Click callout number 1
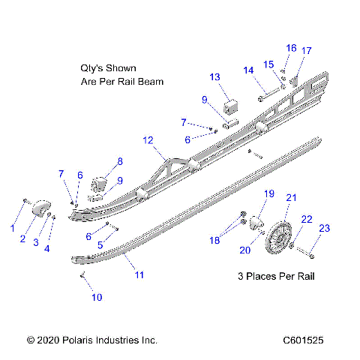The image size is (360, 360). click(12, 226)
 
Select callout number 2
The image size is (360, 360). click(23, 239)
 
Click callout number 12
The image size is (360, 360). click(148, 140)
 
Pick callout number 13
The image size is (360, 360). click(214, 77)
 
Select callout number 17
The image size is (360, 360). click(306, 51)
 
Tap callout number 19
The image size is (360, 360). click(268, 194)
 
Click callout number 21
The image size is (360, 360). click(292, 197)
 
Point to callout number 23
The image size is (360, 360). click(324, 228)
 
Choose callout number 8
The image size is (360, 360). click(120, 161)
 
